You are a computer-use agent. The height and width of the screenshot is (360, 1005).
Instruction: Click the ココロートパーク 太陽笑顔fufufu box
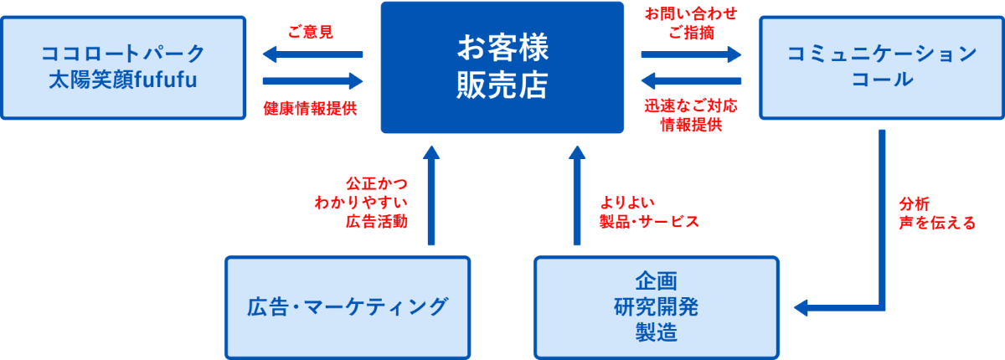tap(123, 67)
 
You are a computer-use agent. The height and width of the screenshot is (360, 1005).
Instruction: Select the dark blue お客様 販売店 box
tap(502, 67)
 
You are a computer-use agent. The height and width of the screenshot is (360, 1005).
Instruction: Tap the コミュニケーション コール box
tap(881, 67)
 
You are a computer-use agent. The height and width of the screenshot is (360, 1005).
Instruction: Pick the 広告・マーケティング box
tap(348, 306)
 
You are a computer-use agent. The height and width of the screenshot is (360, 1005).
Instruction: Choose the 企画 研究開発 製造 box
tap(656, 306)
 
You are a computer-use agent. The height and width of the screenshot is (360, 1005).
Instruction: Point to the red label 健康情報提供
tap(311, 109)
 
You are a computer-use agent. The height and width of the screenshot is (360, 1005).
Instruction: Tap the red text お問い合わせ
tap(692, 15)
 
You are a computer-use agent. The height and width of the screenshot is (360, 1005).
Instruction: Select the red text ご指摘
tap(692, 33)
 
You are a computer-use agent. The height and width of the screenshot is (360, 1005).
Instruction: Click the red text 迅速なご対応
tap(692, 106)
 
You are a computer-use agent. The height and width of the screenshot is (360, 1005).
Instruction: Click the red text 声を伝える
tap(937, 223)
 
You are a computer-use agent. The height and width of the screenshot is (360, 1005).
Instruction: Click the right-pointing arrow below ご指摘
tap(692, 55)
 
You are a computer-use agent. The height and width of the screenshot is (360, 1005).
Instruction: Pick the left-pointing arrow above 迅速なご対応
tap(692, 81)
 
